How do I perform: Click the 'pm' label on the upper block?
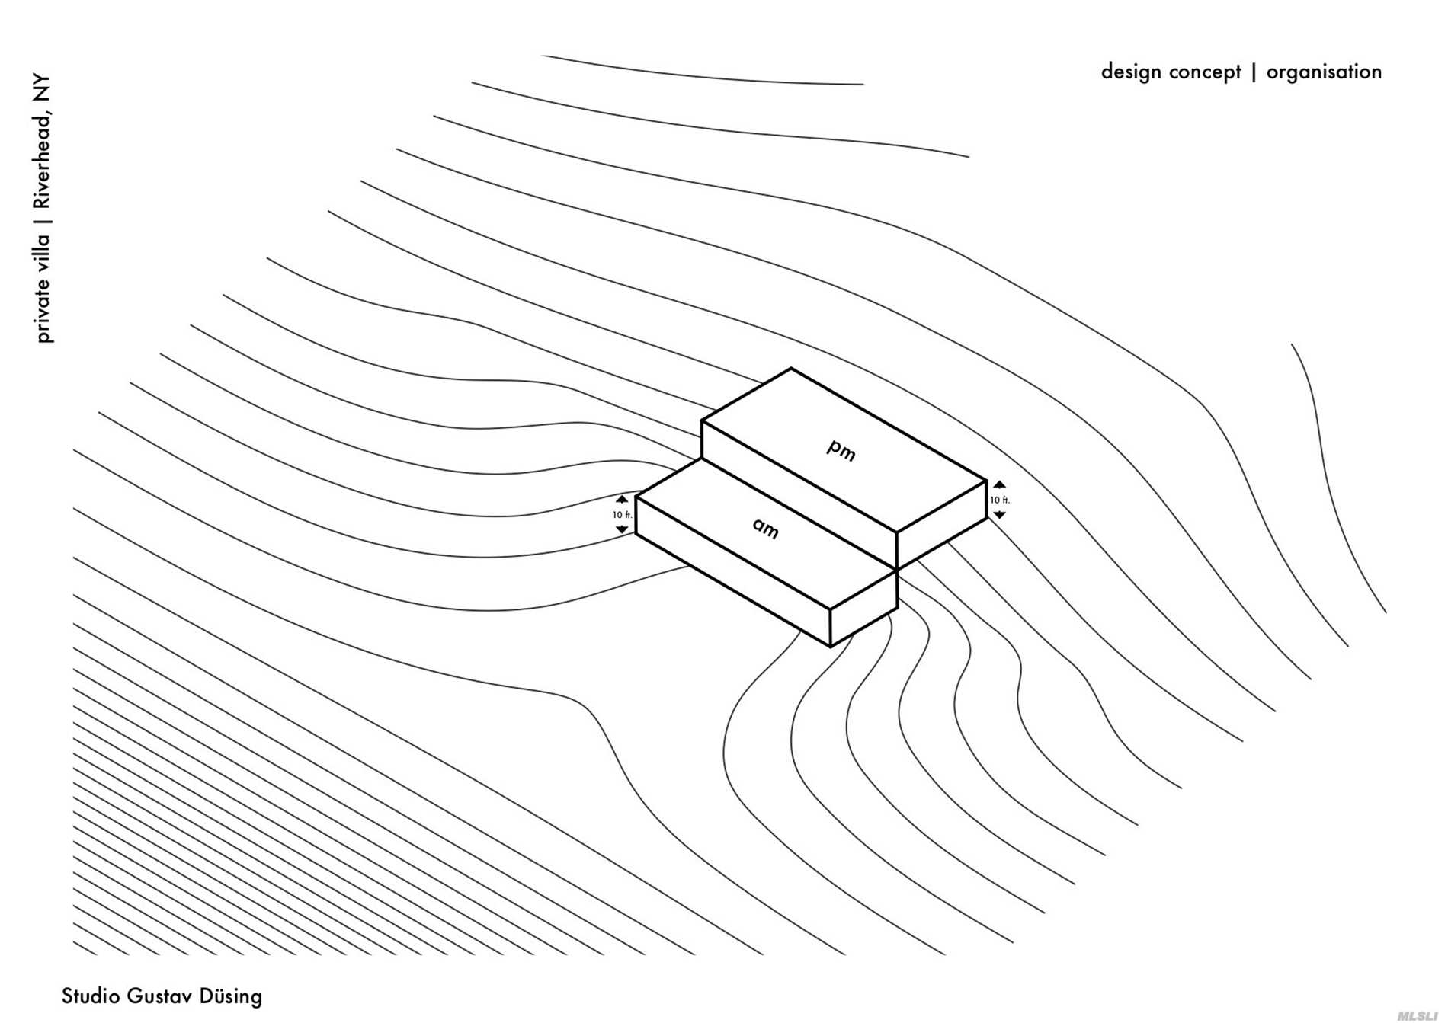(x=841, y=450)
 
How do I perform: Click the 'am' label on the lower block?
(x=766, y=527)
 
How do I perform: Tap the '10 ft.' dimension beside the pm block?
(x=999, y=500)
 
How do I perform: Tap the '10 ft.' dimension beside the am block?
(x=622, y=515)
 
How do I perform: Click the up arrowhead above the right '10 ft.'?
(x=999, y=485)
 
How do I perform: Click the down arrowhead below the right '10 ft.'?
(x=999, y=516)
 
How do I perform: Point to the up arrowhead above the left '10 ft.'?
(x=622, y=500)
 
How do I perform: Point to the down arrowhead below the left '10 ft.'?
(x=622, y=529)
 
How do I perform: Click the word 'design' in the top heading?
(x=1131, y=72)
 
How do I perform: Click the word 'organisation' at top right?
(x=1324, y=72)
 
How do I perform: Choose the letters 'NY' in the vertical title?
(x=42, y=88)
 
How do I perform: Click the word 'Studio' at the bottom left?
(x=91, y=996)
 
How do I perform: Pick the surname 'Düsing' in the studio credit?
(x=230, y=996)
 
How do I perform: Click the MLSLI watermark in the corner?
(x=1418, y=1015)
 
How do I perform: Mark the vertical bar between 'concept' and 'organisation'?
(x=1254, y=72)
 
